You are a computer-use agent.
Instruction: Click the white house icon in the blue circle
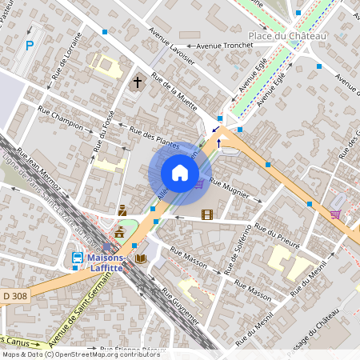pyautogui.click(x=179, y=173)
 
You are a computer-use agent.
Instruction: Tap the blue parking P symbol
pyautogui.click(x=30, y=46)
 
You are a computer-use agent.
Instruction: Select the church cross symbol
pyautogui.click(x=138, y=82)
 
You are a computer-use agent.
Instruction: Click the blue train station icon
pyautogui.click(x=78, y=258)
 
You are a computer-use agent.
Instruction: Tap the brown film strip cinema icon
pyautogui.click(x=207, y=214)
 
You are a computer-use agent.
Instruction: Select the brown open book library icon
pyautogui.click(x=141, y=258)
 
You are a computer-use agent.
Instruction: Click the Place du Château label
pyautogui.click(x=287, y=37)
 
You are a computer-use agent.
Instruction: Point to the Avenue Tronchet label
pyautogui.click(x=212, y=46)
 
